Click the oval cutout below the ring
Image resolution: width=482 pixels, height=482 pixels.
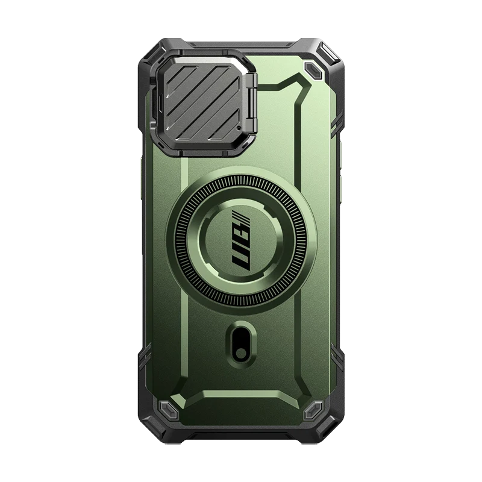tap(242, 343)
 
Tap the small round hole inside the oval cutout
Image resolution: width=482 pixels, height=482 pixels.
tap(242, 354)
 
